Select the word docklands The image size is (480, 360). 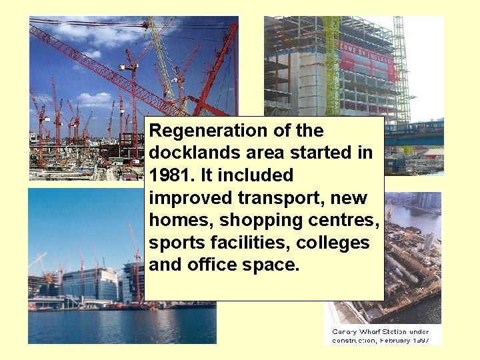point(193,153)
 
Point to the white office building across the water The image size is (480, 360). point(89,283)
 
